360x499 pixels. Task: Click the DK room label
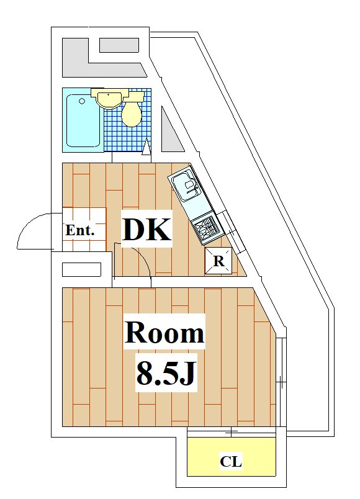point(147,229)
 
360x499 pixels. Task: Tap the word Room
point(164,332)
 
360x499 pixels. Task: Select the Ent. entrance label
point(80,230)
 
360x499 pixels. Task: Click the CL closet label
point(231,461)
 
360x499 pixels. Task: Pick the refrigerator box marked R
point(218,261)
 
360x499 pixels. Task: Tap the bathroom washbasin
point(109,99)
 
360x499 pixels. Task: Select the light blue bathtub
point(84,120)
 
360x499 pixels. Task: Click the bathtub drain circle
point(82,101)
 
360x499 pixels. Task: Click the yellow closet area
point(231,457)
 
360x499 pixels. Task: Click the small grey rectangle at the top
point(119,45)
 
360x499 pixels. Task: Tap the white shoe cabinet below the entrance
point(81,269)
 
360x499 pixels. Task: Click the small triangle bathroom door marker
point(146,146)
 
